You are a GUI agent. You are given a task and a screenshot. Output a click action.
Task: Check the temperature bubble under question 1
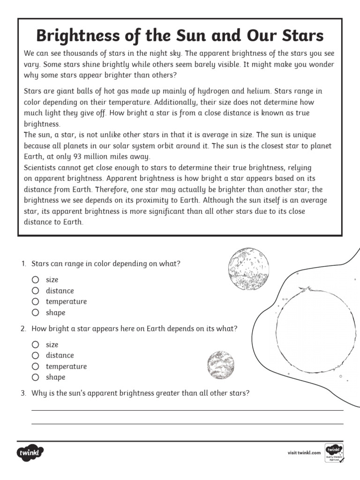tap(36, 301)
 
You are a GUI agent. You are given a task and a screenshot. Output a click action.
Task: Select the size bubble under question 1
tap(36, 280)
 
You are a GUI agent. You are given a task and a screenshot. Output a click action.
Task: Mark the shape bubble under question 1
tap(36, 313)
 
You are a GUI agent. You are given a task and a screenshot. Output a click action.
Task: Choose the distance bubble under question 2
tap(36, 355)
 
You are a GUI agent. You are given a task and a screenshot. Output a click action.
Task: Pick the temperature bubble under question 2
tap(36, 366)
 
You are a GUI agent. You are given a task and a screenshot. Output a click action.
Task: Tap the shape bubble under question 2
tap(36, 377)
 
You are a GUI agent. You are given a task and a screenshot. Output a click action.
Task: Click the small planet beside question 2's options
tap(220, 365)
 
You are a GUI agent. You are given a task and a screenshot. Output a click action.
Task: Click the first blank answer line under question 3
tap(187, 410)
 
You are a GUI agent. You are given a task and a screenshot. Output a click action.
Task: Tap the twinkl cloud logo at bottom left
tap(31, 453)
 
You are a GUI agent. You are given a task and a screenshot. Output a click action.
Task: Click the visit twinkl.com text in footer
tap(304, 453)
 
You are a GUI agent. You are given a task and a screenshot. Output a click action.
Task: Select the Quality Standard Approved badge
tap(334, 453)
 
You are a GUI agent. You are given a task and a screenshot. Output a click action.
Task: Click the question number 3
tap(23, 393)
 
